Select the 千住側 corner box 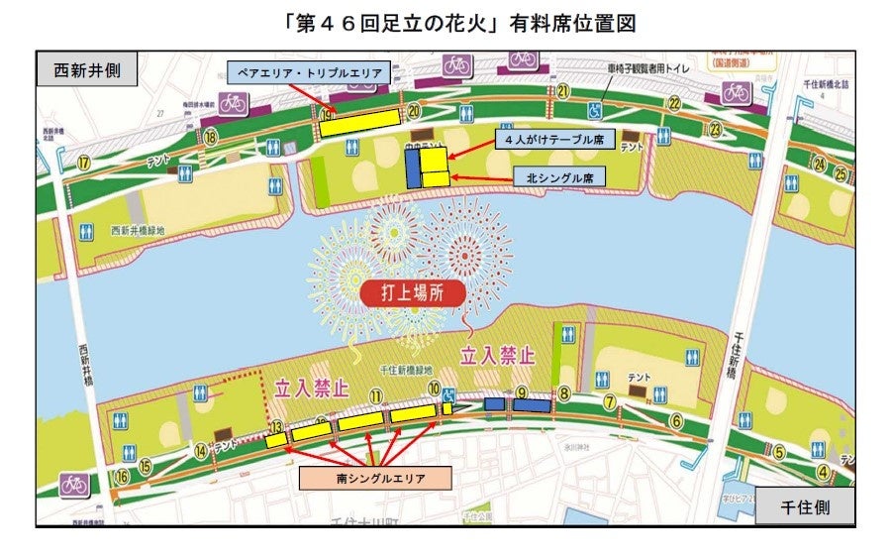tap(804, 507)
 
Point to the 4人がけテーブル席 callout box tap(549, 140)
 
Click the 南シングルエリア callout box tap(375, 478)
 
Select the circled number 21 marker tap(562, 91)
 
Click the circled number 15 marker tap(146, 465)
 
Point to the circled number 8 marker tap(564, 393)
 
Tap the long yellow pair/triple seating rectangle tap(354, 125)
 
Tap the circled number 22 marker tap(674, 103)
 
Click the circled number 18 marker tap(210, 138)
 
